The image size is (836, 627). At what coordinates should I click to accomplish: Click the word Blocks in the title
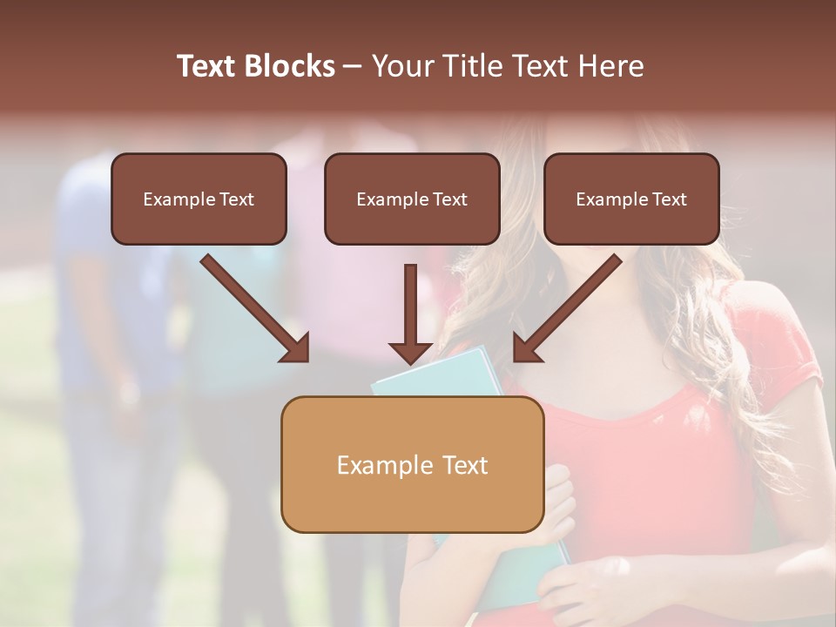(x=291, y=66)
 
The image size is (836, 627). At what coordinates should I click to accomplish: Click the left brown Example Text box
(x=199, y=199)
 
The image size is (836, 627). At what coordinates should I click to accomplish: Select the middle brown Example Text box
(x=412, y=199)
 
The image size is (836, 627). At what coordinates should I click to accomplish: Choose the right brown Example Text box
(x=631, y=199)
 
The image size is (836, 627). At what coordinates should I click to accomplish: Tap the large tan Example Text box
(x=412, y=464)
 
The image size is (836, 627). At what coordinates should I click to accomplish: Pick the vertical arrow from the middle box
(x=411, y=309)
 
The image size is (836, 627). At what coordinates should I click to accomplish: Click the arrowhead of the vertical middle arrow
(x=411, y=352)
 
